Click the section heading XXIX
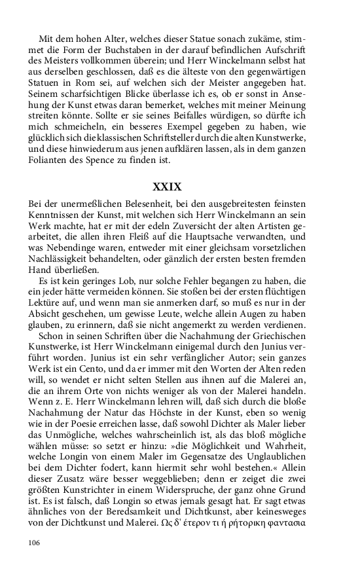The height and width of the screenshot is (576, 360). [167, 187]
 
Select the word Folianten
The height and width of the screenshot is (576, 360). [50, 160]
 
